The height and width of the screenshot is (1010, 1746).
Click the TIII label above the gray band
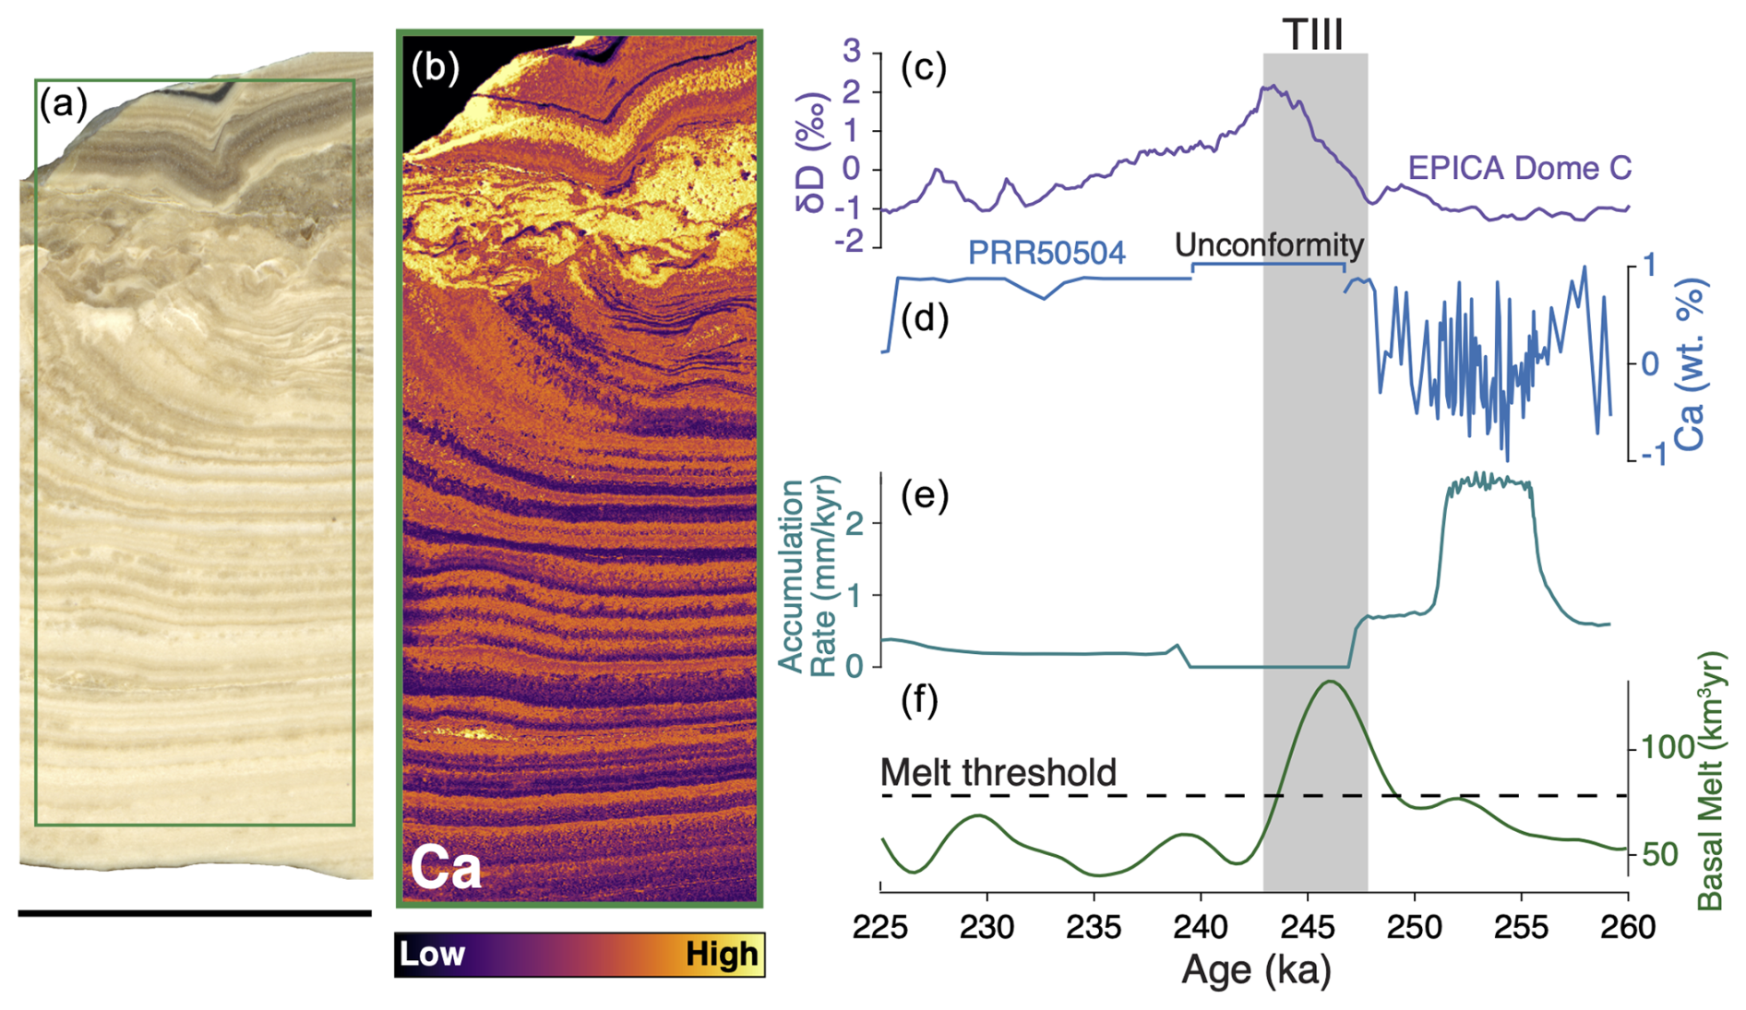point(1313,35)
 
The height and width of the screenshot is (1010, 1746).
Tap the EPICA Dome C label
point(1519,168)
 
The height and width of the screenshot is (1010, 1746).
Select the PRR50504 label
point(1046,252)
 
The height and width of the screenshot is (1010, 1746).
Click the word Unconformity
point(1269,244)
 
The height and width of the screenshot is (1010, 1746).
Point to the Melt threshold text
point(999,772)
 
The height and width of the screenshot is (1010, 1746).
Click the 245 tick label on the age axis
point(1307,925)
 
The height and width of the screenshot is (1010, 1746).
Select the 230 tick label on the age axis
point(987,925)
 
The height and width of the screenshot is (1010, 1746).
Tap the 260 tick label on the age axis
point(1627,925)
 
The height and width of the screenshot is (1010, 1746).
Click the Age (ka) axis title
point(1256,969)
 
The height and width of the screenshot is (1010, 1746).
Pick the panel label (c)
point(924,67)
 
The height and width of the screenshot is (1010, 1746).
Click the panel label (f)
point(919,700)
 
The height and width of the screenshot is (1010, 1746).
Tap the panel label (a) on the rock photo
point(63,103)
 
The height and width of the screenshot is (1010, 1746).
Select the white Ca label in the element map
point(446,867)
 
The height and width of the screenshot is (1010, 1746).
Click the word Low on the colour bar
point(432,954)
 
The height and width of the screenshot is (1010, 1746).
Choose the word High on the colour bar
point(722,954)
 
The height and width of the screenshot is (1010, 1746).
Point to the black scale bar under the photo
point(195,913)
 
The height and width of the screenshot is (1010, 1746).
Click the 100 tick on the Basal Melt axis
point(1666,747)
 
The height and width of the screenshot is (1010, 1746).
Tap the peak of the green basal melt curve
point(1330,682)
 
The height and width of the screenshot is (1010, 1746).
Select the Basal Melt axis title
point(1710,780)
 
